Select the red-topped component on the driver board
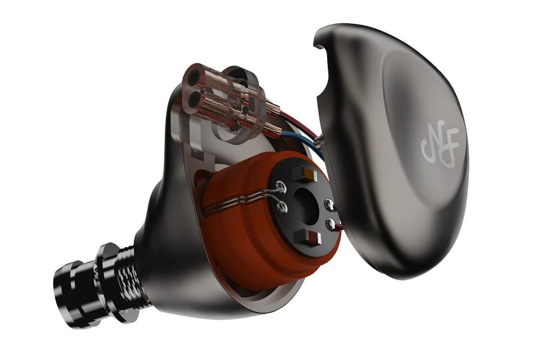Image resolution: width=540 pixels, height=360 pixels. (x=312, y=236)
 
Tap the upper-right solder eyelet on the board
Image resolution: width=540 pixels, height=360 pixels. (x=327, y=204)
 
